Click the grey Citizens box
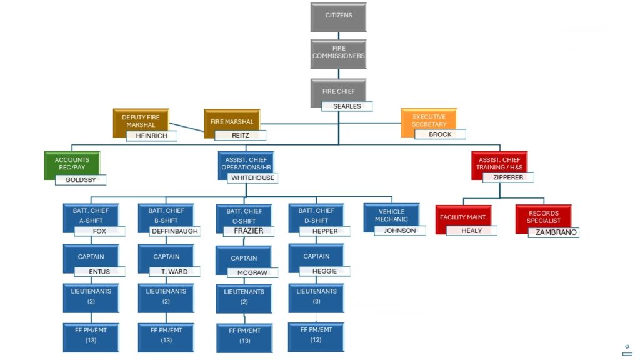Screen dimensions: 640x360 click(x=338, y=17)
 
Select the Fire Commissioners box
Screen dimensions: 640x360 click(x=338, y=54)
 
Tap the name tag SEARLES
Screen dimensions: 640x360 click(x=347, y=106)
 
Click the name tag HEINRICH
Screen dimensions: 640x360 click(x=151, y=136)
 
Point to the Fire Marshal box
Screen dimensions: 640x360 click(x=232, y=123)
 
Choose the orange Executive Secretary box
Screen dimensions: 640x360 click(x=429, y=122)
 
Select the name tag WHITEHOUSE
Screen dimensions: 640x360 click(x=252, y=178)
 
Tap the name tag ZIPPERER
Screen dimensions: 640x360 click(x=508, y=177)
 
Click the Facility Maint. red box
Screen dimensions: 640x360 click(x=463, y=219)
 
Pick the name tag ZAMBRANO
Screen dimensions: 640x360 click(x=554, y=232)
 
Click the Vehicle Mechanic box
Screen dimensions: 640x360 click(x=391, y=218)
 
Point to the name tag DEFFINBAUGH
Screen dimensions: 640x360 click(x=175, y=231)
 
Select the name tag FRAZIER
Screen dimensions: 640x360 click(x=249, y=231)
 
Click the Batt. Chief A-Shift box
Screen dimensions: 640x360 click(x=91, y=218)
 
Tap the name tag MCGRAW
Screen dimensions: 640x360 click(x=252, y=272)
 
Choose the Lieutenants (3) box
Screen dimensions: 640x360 click(x=316, y=298)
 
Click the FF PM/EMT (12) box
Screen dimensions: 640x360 click(x=316, y=337)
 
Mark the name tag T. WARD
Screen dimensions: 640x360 click(x=175, y=272)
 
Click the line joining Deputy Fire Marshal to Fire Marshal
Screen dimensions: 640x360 click(x=186, y=127)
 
